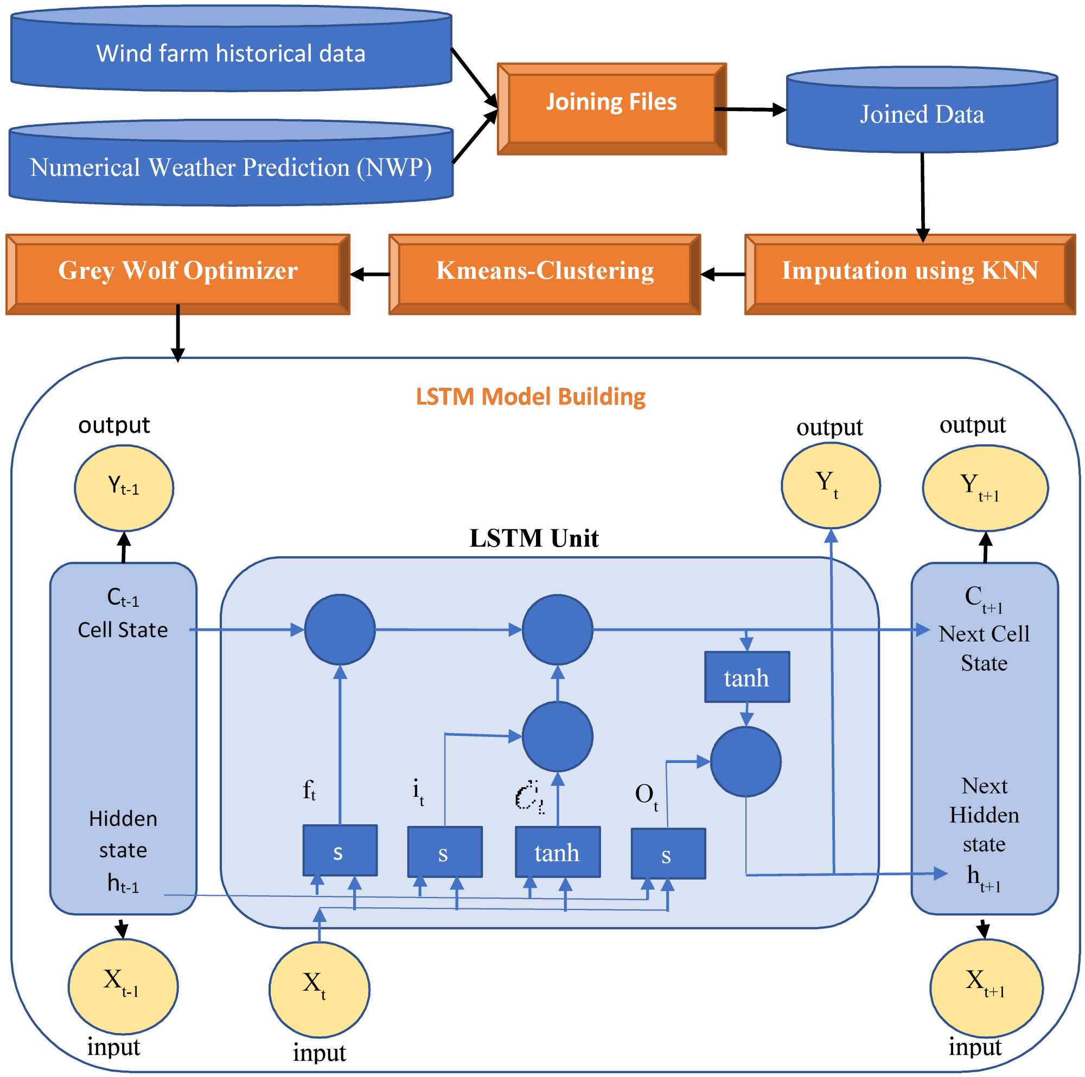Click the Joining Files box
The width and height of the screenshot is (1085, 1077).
pos(611,108)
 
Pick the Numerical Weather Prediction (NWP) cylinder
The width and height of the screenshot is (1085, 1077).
pos(231,168)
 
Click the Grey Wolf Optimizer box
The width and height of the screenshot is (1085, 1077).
pos(177,274)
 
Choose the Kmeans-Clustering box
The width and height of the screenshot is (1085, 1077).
pos(544,274)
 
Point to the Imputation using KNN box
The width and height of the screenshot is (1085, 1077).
pos(909,274)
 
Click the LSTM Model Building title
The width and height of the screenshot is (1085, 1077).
pos(530,396)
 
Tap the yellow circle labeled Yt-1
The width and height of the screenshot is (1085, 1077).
pos(124,488)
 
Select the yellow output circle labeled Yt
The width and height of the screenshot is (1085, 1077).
pos(830,485)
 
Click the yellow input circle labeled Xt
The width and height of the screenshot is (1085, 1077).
pos(319,989)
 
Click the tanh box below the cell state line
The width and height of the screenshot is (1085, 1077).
pos(746,677)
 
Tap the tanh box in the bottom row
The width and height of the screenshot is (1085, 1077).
pos(557,851)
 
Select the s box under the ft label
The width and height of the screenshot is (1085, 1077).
pos(339,850)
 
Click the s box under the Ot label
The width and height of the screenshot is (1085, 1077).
pos(668,853)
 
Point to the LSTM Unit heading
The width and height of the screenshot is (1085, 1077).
pos(533,538)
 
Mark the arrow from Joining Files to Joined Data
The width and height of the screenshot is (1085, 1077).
pos(750,110)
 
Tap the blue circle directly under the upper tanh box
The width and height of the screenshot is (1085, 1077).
pos(745,761)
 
